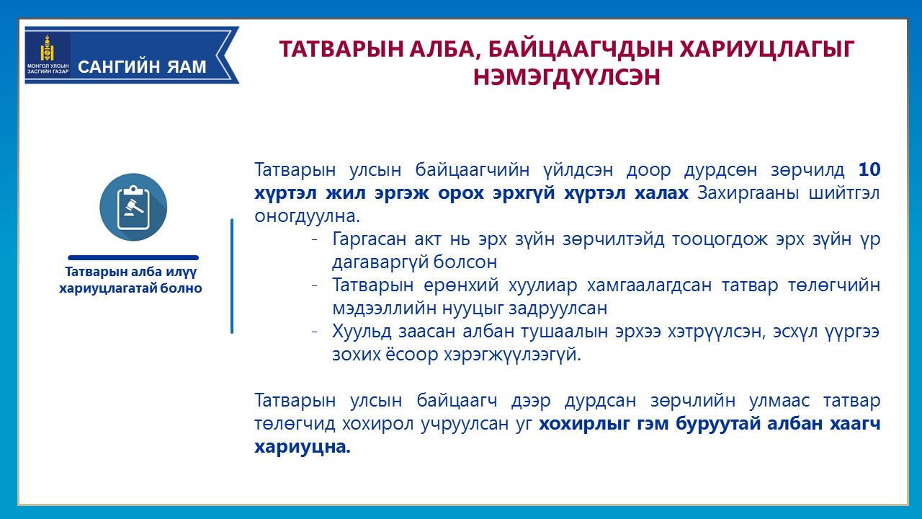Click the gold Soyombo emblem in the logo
[47, 48]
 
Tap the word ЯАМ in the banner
[187, 67]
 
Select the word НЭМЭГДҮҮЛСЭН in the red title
[566, 77]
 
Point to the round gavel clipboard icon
[133, 207]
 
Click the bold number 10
[869, 169]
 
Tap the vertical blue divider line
[232, 276]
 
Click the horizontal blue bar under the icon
[133, 258]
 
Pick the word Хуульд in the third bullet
[362, 332]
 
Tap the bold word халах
[661, 192]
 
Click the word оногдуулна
[307, 216]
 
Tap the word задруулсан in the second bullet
[558, 309]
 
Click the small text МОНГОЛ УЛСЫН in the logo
[48, 66]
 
